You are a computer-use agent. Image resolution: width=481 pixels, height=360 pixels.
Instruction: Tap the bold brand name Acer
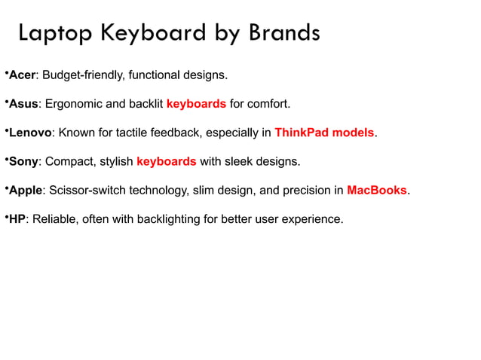click(x=23, y=75)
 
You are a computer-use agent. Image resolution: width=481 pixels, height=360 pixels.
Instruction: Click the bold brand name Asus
click(x=23, y=104)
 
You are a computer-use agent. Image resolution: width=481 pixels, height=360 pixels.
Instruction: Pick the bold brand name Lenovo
click(x=30, y=133)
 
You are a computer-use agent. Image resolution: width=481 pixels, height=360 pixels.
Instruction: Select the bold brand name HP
click(x=17, y=219)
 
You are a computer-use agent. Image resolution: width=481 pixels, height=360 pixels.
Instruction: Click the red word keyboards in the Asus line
click(x=196, y=104)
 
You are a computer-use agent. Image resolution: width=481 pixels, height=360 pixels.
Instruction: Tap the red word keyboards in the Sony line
click(x=167, y=162)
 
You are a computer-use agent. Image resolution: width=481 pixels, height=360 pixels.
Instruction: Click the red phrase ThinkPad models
click(x=324, y=133)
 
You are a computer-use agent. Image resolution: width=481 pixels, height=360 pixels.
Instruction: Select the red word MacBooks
click(x=377, y=191)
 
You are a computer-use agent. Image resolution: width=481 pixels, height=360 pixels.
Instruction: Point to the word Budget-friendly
click(x=82, y=75)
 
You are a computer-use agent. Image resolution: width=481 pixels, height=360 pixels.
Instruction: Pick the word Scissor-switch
click(x=87, y=191)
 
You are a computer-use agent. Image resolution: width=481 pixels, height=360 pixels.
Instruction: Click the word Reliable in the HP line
click(x=54, y=219)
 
